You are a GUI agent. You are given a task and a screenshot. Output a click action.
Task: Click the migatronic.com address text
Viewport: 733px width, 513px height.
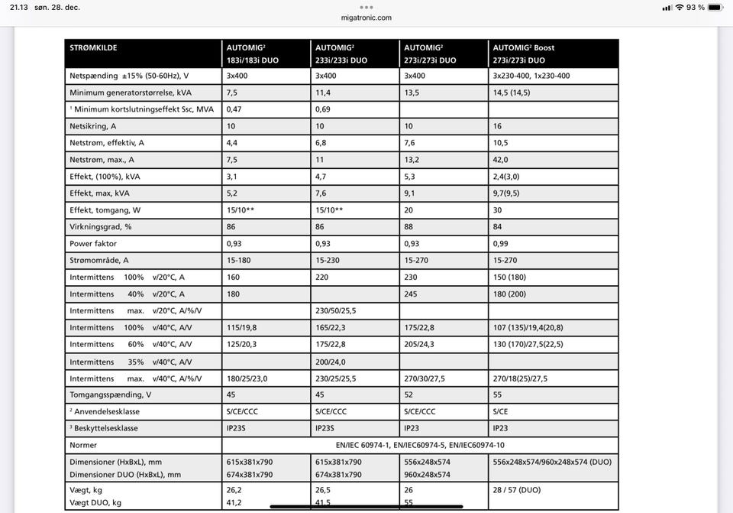(366, 18)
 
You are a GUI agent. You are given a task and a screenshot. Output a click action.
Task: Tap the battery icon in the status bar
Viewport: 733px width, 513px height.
(715, 7)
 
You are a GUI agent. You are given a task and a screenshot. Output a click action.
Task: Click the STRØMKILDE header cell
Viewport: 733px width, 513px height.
(93, 47)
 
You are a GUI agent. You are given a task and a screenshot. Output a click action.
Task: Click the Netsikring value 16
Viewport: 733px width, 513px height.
(497, 126)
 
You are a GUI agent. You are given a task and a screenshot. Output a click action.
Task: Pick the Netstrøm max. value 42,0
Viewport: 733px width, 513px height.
(501, 160)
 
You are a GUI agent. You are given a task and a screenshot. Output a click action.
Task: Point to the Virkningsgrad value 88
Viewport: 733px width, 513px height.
(408, 227)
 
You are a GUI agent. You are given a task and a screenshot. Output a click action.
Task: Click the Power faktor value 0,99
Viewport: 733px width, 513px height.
(501, 244)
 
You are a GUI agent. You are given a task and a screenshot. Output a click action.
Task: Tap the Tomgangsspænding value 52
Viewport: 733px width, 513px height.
(408, 395)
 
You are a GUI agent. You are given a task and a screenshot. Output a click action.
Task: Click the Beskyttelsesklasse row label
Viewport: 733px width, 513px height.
(104, 429)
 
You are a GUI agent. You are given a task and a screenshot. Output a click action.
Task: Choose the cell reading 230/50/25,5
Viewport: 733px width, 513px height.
(336, 311)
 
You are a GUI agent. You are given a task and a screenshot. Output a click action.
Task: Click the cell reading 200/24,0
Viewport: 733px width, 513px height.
(331, 362)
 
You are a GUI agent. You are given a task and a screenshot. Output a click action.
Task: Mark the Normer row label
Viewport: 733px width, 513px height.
(83, 445)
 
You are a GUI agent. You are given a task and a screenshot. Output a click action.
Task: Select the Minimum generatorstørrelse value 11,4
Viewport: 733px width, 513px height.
(323, 93)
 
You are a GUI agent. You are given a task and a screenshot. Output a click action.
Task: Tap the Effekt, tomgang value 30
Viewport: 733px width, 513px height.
(497, 210)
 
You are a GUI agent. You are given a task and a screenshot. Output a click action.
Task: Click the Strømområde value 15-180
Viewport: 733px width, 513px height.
(238, 261)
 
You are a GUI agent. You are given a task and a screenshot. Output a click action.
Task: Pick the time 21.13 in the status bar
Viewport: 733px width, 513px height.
(19, 7)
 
